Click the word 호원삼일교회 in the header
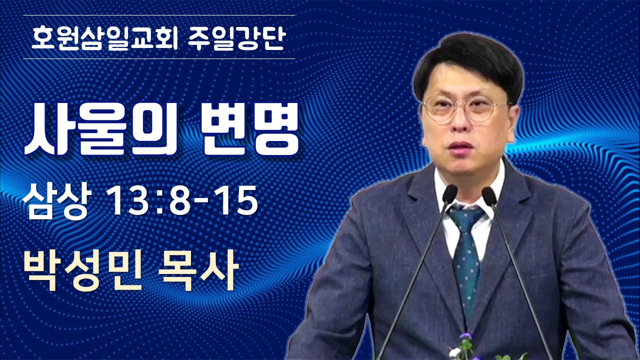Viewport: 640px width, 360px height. pyautogui.click(x=104, y=38)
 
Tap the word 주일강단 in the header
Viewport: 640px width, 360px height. pyautogui.click(x=237, y=38)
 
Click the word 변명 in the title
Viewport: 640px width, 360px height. pyautogui.click(x=249, y=129)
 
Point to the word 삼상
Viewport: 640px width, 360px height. pyautogui.click(x=57, y=200)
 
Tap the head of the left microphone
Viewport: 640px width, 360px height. pyautogui.click(x=449, y=194)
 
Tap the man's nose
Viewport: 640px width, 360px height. pyautogui.click(x=459, y=124)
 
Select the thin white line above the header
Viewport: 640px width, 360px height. pyautogui.click(x=159, y=15)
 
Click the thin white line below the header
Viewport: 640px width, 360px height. pyautogui.click(x=159, y=59)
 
